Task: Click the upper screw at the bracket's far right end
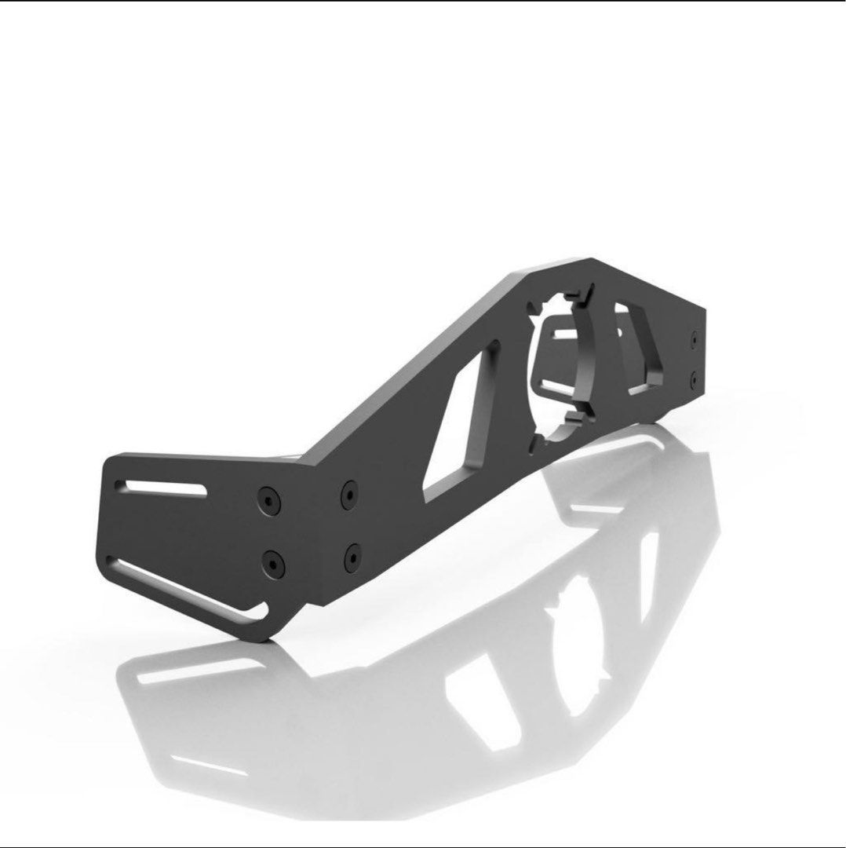(x=694, y=340)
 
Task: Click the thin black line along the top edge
(x=423, y=2)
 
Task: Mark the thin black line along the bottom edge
(x=423, y=846)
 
